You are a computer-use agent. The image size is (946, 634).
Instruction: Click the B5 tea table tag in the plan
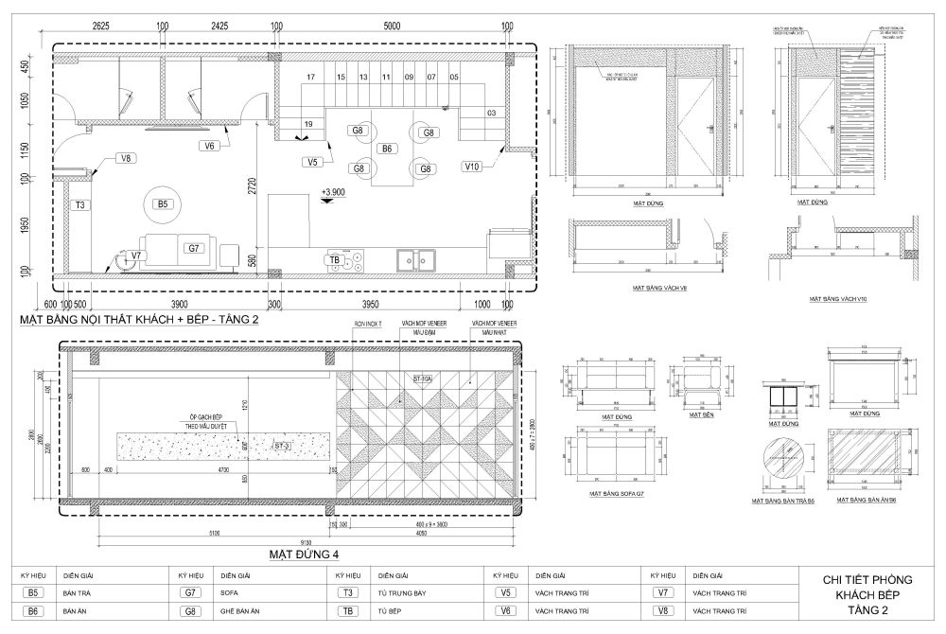[162, 203]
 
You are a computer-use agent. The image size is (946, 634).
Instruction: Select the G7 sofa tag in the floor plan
[192, 248]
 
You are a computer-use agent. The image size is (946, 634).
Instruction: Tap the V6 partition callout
[211, 146]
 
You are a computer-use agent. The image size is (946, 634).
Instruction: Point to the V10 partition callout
[473, 167]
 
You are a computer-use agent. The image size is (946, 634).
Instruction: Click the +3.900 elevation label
[333, 191]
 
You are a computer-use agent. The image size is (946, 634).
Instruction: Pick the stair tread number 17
[310, 77]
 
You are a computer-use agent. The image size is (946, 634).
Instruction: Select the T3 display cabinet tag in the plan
[81, 204]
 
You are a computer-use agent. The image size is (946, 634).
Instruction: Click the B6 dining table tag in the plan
[387, 150]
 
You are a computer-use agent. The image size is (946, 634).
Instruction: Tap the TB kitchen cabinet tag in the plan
[334, 259]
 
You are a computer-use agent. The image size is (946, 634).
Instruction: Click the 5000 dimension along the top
[392, 27]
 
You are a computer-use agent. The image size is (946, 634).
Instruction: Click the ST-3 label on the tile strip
[282, 445]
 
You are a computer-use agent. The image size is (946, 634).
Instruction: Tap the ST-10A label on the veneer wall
[422, 379]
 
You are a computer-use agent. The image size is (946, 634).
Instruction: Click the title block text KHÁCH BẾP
[861, 594]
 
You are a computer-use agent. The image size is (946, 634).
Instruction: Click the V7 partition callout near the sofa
[136, 256]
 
